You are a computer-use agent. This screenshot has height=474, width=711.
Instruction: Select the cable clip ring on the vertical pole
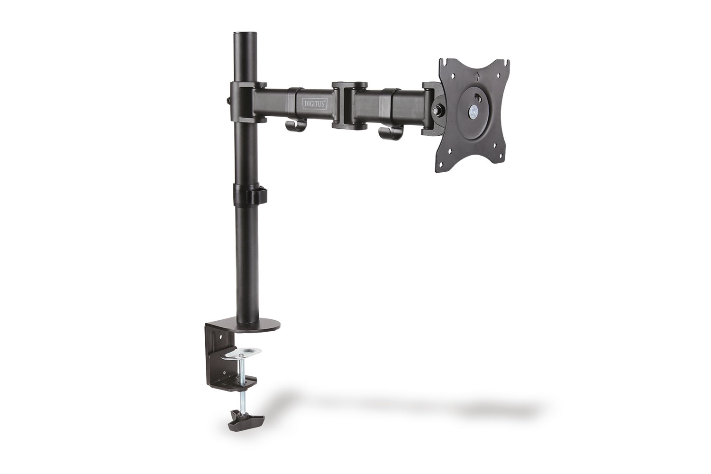[248, 194]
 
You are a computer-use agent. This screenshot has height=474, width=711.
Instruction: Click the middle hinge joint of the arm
[350, 105]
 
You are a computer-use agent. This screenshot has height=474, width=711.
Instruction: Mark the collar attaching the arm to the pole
[243, 101]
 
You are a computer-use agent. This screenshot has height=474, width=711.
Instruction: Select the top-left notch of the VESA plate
[445, 62]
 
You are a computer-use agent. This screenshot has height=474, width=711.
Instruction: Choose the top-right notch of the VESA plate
[506, 62]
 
